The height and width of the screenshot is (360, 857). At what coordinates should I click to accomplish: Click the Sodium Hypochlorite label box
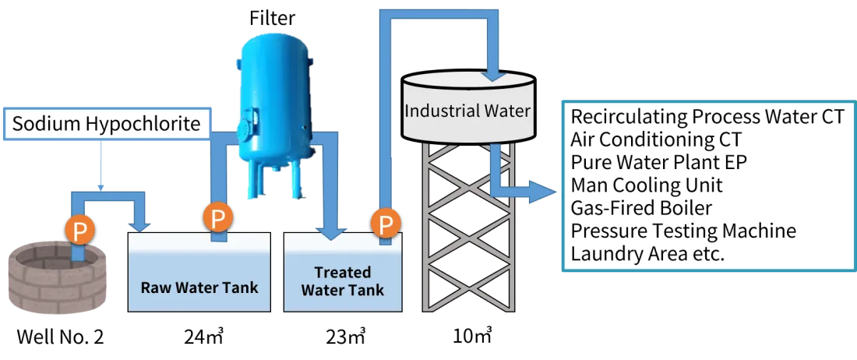(x=107, y=124)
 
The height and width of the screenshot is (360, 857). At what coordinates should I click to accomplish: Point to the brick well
(x=54, y=276)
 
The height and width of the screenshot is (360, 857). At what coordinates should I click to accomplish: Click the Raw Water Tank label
(x=199, y=287)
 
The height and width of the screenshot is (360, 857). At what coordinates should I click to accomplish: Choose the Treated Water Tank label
(x=343, y=281)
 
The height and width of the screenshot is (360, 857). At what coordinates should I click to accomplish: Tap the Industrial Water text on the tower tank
(x=467, y=111)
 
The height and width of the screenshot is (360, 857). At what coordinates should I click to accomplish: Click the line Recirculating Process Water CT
(x=707, y=118)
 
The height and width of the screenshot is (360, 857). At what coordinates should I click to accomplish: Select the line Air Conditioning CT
(x=655, y=140)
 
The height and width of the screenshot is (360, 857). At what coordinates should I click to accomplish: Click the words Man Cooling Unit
(x=646, y=185)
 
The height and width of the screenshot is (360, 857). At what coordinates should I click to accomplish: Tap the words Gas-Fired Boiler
(x=641, y=208)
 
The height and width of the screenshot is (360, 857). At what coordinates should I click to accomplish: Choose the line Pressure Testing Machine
(x=682, y=231)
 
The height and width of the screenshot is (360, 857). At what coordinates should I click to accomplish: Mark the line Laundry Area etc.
(x=647, y=253)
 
